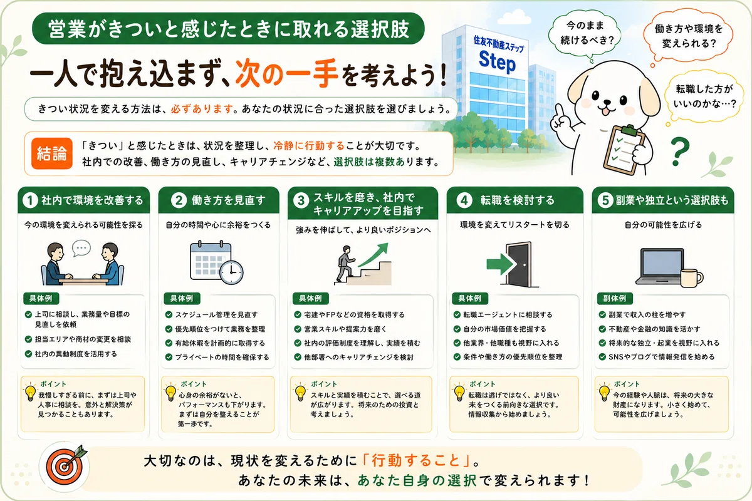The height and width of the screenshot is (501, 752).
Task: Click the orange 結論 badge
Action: pos(51,153)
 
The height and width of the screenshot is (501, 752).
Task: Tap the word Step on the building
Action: pos(497,62)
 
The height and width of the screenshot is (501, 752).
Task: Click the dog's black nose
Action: pos(608,101)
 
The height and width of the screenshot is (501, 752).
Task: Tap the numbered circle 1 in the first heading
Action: pos(30,200)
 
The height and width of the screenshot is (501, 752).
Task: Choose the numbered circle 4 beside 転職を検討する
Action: pos(464,200)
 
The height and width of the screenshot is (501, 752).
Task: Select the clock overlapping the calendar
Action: pos(231,272)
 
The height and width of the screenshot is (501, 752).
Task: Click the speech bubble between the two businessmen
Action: pos(81,248)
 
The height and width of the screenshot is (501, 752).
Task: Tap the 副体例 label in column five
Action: pos(615,298)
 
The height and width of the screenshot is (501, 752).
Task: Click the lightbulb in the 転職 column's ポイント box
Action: pos(459,393)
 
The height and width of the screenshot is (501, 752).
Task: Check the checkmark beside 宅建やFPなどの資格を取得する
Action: pos(298,314)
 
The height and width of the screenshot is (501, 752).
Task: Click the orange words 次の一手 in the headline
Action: pos(286,73)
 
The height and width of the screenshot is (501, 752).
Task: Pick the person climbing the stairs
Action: pos(345,264)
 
